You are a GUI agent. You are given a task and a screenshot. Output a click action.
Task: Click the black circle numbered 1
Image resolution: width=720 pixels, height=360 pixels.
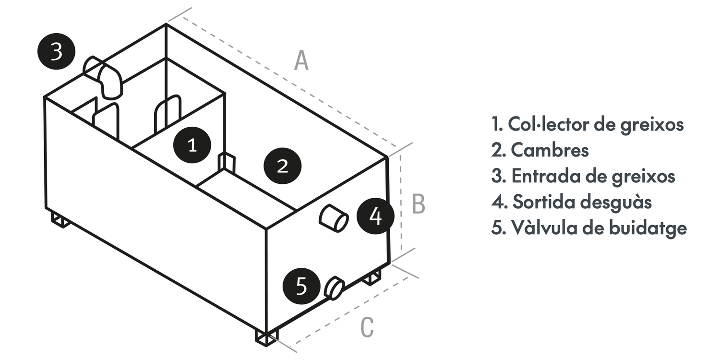click(192, 144)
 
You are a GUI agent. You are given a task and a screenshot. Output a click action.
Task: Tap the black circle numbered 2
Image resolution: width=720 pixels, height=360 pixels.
click(283, 166)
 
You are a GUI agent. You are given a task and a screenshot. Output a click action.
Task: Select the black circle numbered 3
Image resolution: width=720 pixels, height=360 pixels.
click(56, 51)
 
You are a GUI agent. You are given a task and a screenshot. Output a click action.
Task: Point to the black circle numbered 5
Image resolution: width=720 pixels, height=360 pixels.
click(301, 287)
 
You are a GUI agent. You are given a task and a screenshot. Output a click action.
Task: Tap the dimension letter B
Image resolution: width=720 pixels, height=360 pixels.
click(419, 204)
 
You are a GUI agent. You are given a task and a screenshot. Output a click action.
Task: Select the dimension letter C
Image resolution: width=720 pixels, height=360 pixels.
click(367, 328)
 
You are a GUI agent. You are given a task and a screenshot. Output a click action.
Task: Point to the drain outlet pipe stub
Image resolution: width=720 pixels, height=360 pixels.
click(334, 218)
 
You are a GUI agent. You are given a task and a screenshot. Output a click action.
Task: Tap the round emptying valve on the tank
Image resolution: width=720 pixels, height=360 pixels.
click(335, 288)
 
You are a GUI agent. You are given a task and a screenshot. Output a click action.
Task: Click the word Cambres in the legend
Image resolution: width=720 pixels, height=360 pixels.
click(550, 150)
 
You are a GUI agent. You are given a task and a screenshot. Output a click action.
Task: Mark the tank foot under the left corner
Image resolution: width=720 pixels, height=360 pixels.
click(60, 220)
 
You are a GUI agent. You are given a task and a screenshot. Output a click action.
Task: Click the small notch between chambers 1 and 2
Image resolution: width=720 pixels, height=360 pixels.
click(227, 162)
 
